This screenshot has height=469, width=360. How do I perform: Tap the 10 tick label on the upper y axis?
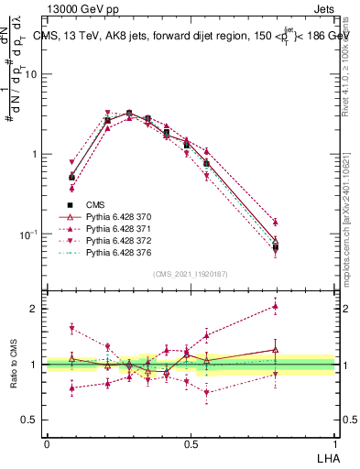[31, 74]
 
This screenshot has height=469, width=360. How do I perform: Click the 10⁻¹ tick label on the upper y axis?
[29, 234]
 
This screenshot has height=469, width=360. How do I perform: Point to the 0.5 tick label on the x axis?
[191, 443]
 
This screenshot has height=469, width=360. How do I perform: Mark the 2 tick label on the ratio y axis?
[36, 309]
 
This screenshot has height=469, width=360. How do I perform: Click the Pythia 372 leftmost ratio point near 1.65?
[72, 328]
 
